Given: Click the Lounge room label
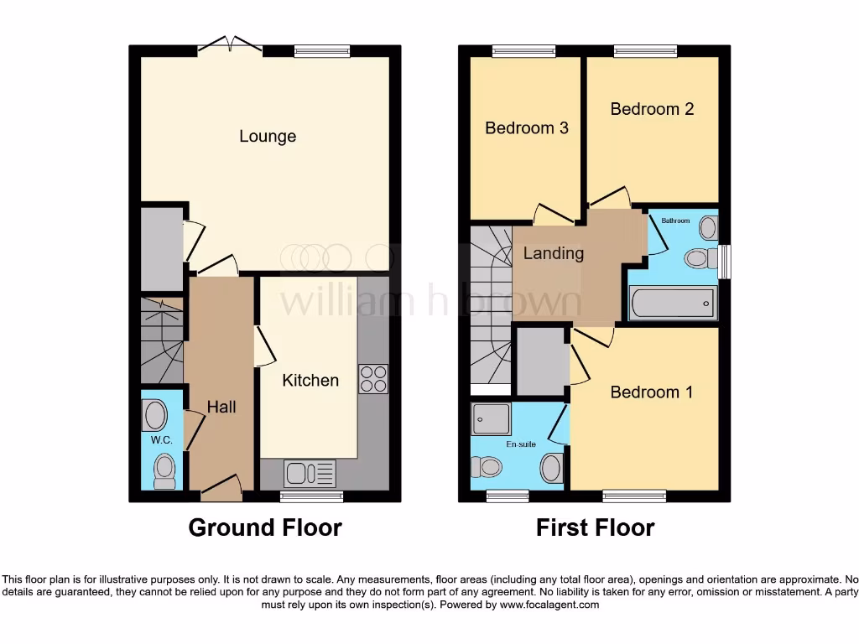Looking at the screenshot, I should click(268, 136).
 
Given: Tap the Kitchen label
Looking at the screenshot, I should click(310, 380).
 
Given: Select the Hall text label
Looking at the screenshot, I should click(221, 407).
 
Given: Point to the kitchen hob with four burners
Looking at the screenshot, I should click(373, 379).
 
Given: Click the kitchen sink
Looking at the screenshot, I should click(310, 474).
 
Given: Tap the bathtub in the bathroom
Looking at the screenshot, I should click(674, 303).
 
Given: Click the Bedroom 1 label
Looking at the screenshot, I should click(652, 392).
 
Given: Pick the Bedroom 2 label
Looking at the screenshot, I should click(652, 109).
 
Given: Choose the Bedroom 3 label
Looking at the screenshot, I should click(527, 128).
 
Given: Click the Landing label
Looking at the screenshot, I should click(553, 252).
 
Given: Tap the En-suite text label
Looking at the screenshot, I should click(521, 444).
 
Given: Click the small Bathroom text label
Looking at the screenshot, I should click(675, 221).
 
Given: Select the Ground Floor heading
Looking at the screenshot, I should click(265, 527).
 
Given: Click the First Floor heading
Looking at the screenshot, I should click(596, 527).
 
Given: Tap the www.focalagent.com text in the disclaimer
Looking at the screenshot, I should click(549, 604).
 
